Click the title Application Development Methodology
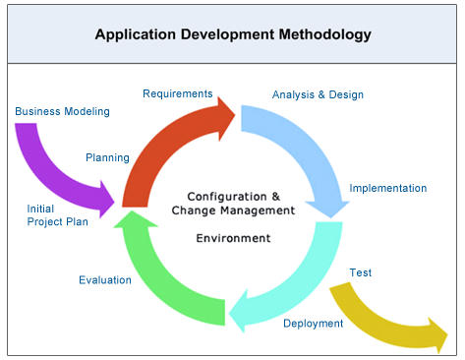tap(233, 34)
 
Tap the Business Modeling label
tap(62, 111)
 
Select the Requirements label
tap(178, 93)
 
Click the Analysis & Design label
tap(318, 95)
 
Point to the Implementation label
tap(388, 188)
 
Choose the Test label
tap(361, 272)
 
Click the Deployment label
tap(313, 324)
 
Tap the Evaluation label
tap(105, 280)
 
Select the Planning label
tap(107, 156)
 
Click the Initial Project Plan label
tap(57, 214)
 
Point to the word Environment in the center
tap(233, 238)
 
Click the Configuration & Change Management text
tap(233, 203)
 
